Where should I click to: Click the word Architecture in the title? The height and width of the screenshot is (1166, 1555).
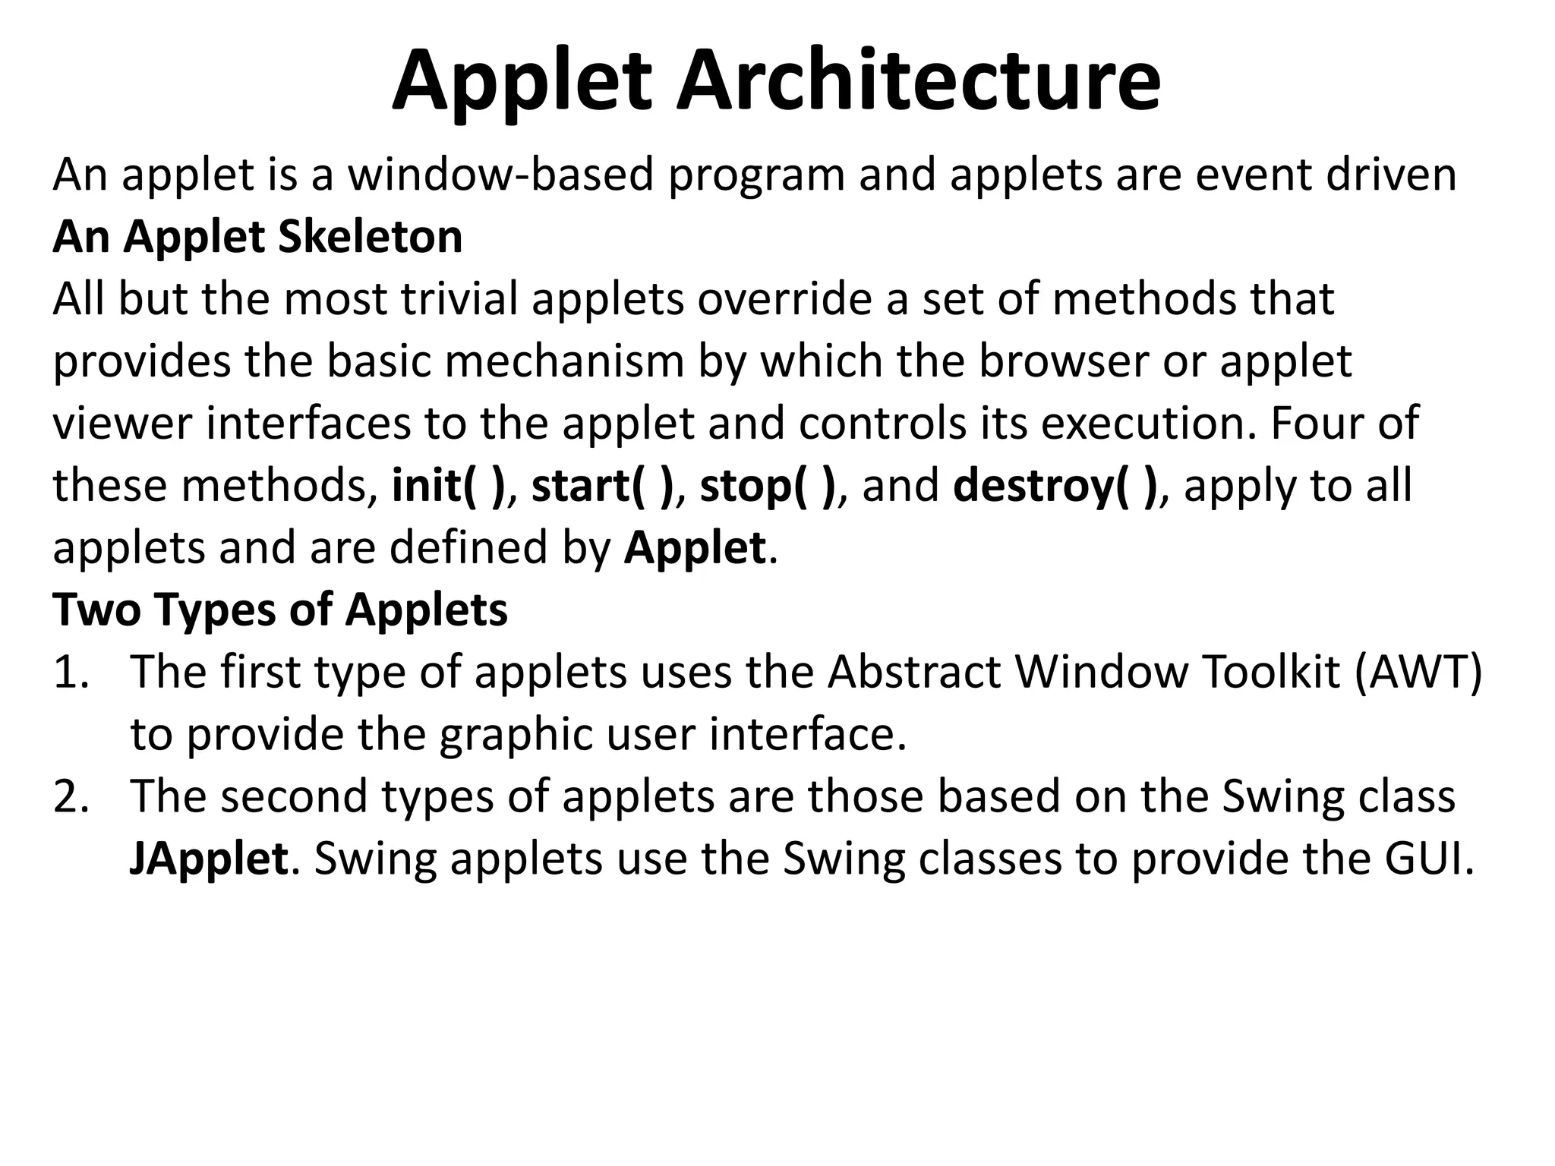917,82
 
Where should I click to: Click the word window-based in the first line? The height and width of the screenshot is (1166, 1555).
501,175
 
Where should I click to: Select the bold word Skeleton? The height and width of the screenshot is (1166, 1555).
371,237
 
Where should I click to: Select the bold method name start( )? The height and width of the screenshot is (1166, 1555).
602,486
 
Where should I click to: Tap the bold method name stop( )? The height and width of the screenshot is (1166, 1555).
767,486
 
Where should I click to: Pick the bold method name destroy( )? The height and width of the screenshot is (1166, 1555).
1055,486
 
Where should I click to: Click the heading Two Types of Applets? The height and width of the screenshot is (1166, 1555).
280,610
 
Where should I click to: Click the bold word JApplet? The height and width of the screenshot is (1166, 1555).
209,859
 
